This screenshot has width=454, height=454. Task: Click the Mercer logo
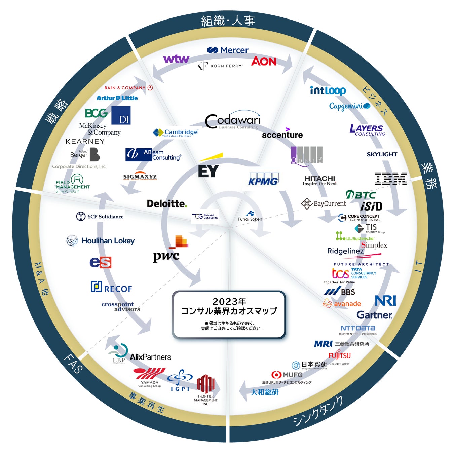228,50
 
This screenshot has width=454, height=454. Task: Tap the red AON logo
264,61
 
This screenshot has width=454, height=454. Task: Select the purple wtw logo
176,59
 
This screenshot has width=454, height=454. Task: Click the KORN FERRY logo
221,66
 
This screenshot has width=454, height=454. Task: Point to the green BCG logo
96,113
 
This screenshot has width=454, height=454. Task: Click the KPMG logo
263,180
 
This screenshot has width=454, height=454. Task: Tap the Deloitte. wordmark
167,203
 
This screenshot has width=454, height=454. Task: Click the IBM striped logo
390,179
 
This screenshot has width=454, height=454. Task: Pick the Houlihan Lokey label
108,241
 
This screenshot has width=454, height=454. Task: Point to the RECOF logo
112,288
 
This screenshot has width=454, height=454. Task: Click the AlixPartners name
150,357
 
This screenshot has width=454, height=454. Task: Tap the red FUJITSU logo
339,355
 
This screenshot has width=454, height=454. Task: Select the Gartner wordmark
374,315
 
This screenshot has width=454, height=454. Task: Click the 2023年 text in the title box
229,301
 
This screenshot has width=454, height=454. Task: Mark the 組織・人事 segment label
228,21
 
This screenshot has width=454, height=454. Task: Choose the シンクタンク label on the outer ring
318,411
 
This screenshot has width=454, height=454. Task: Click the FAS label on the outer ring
73,364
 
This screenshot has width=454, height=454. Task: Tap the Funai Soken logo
250,216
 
